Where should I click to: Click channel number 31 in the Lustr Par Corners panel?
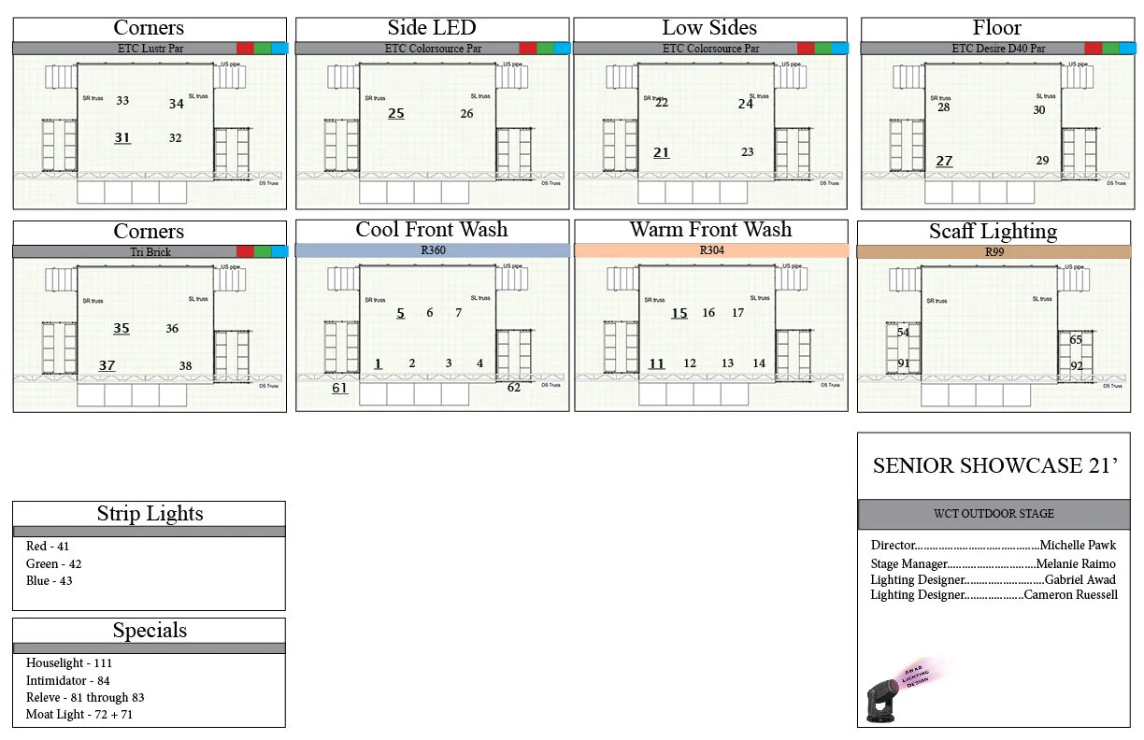122,137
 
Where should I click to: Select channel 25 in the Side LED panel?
396,113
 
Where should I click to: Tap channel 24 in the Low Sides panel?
746,104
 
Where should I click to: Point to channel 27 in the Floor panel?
944,161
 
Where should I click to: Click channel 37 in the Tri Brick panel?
107,365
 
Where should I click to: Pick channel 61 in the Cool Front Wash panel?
339,388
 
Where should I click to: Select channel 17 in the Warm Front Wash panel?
738,313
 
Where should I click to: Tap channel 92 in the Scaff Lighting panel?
1077,366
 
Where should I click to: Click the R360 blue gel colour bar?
432,250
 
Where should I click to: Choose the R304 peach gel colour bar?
710,250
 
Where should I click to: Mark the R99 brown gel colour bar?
993,251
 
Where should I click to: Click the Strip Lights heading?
150,513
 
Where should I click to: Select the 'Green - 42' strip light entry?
54,563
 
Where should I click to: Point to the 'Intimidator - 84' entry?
68,680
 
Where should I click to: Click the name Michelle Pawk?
1078,546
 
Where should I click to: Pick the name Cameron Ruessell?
1070,595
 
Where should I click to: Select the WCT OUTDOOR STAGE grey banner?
994,514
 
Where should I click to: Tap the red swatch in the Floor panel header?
1093,48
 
